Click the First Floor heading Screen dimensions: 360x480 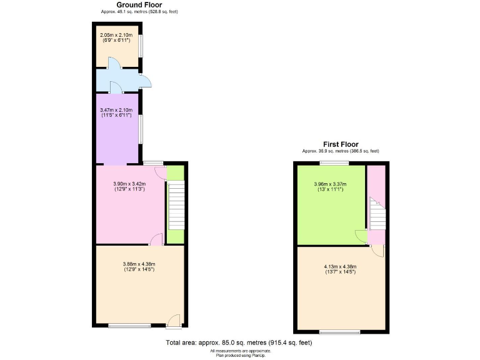coord(341,144)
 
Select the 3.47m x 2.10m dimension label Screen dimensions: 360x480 coord(116,112)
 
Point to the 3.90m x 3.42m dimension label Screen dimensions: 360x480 coord(129,186)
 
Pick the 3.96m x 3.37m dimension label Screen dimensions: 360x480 coord(330,186)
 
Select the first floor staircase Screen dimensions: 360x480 coord(377,214)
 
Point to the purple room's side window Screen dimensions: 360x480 coord(140,127)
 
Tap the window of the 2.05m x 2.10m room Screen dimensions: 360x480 coord(140,45)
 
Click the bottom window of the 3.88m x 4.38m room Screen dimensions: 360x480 coord(129,325)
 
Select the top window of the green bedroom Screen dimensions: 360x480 coord(334,162)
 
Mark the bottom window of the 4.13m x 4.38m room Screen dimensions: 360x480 coord(340,331)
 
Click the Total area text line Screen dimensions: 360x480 coord(239,342)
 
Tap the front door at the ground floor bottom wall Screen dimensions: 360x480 coord(174,322)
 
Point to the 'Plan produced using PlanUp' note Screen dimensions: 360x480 coord(240,355)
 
